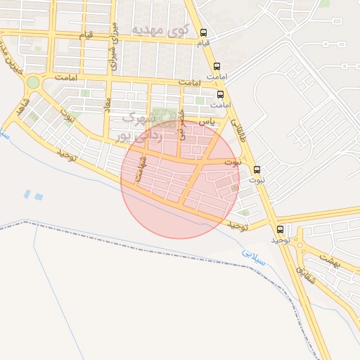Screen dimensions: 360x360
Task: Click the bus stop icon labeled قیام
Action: pyautogui.click(x=204, y=32)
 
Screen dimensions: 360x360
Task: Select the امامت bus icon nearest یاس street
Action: pyautogui.click(x=221, y=94)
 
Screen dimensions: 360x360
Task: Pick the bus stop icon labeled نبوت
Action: pyautogui.click(x=257, y=169)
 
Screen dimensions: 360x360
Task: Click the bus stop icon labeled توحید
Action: pyautogui.click(x=281, y=229)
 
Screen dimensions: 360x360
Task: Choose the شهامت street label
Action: pyautogui.click(x=142, y=169)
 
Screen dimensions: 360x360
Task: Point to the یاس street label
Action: pyautogui.click(x=205, y=122)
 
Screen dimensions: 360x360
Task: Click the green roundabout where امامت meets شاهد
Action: pyautogui.click(x=32, y=83)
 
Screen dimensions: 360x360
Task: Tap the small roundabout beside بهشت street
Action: pyautogui.click(x=300, y=245)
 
